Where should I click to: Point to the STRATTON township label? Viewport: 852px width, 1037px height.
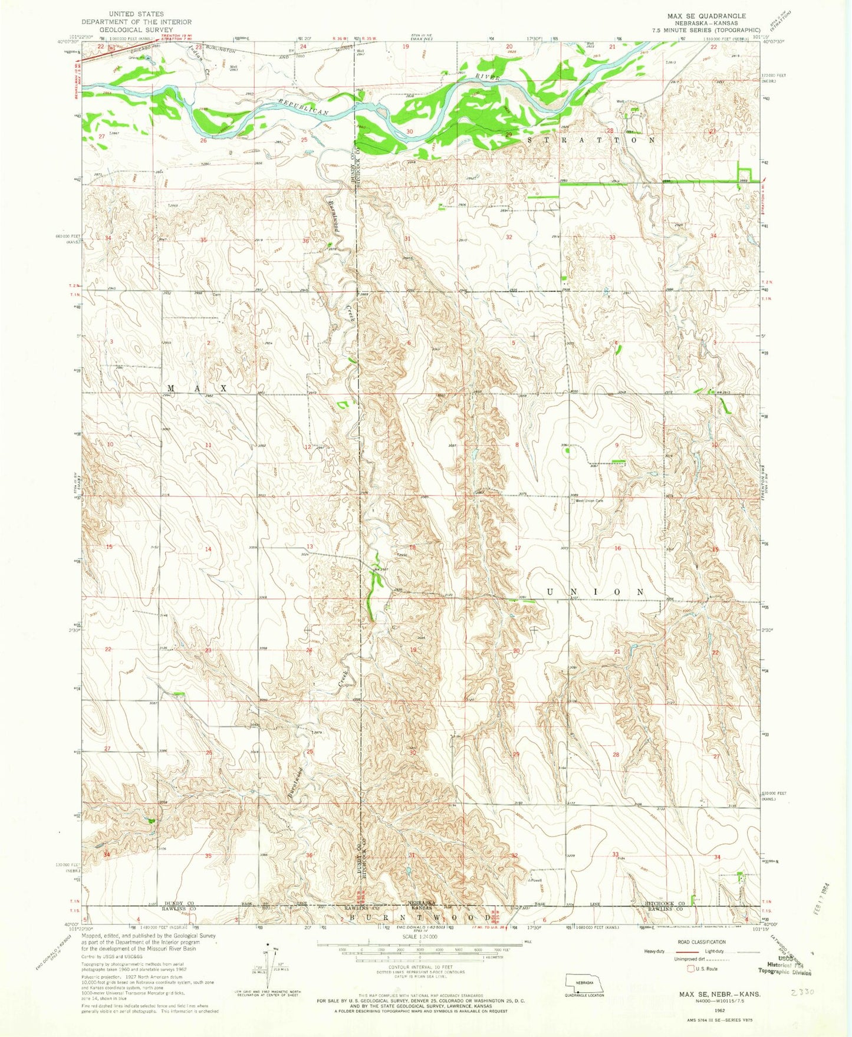[x=590, y=140]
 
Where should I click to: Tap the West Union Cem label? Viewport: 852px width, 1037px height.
[x=589, y=501]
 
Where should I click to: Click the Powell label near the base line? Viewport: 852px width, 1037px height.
[x=535, y=881]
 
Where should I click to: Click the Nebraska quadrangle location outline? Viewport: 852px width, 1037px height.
[x=584, y=981]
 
